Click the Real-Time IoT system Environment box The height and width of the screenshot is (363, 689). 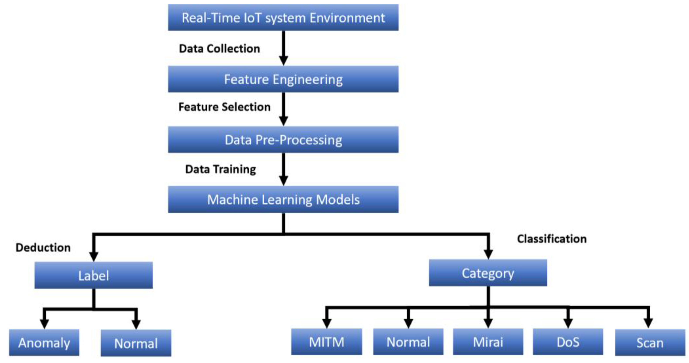283,18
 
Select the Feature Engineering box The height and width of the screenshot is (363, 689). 283,79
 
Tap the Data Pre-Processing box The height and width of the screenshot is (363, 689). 283,140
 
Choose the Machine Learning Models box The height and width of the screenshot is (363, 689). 283,199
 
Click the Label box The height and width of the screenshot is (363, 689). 93,275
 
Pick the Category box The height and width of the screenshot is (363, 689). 488,273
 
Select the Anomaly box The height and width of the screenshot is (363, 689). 44,343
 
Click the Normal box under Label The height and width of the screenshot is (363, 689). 136,343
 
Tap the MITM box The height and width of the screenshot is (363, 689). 326,342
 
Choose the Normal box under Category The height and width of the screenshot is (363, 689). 408,342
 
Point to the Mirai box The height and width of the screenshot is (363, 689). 488,342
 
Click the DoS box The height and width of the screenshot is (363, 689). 567,342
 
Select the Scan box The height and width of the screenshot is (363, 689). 650,343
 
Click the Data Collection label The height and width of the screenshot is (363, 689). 219,49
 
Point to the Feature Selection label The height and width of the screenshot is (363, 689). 224,107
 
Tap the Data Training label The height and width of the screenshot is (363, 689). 220,169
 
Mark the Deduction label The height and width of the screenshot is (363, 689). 43,247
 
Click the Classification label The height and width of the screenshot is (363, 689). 552,239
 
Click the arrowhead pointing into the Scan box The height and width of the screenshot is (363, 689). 648,323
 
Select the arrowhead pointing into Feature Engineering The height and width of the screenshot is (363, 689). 283,60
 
